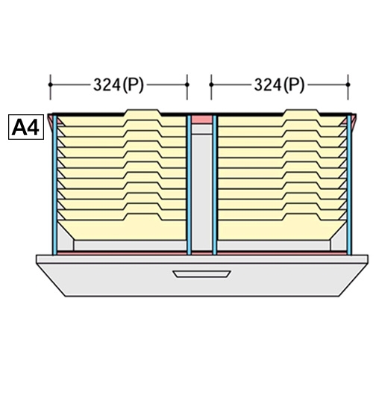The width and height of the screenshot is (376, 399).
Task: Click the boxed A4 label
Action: (26, 127)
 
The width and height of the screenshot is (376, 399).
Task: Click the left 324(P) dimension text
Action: (119, 84)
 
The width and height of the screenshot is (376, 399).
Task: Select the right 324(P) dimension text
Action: (279, 84)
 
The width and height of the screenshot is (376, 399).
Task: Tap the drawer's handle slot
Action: (201, 273)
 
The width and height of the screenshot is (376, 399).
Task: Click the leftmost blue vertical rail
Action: (55, 185)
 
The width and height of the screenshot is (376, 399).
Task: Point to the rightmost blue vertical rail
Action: (349, 185)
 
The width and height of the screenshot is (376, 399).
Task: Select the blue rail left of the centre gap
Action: (189, 185)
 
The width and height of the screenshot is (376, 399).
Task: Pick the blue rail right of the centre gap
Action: (215, 185)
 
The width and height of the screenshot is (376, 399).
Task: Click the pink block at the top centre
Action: (201, 120)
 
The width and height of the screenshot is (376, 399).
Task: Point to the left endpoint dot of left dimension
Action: (50, 84)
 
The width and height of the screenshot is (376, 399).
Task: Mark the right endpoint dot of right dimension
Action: (348, 84)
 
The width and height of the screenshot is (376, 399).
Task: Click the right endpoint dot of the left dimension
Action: (187, 84)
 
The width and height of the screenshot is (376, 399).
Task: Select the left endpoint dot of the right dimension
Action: (211, 84)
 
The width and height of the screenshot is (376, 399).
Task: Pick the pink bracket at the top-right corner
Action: (353, 120)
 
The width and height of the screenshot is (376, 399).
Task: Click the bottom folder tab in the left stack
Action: (143, 217)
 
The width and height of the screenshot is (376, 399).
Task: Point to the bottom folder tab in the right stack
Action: (301, 217)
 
